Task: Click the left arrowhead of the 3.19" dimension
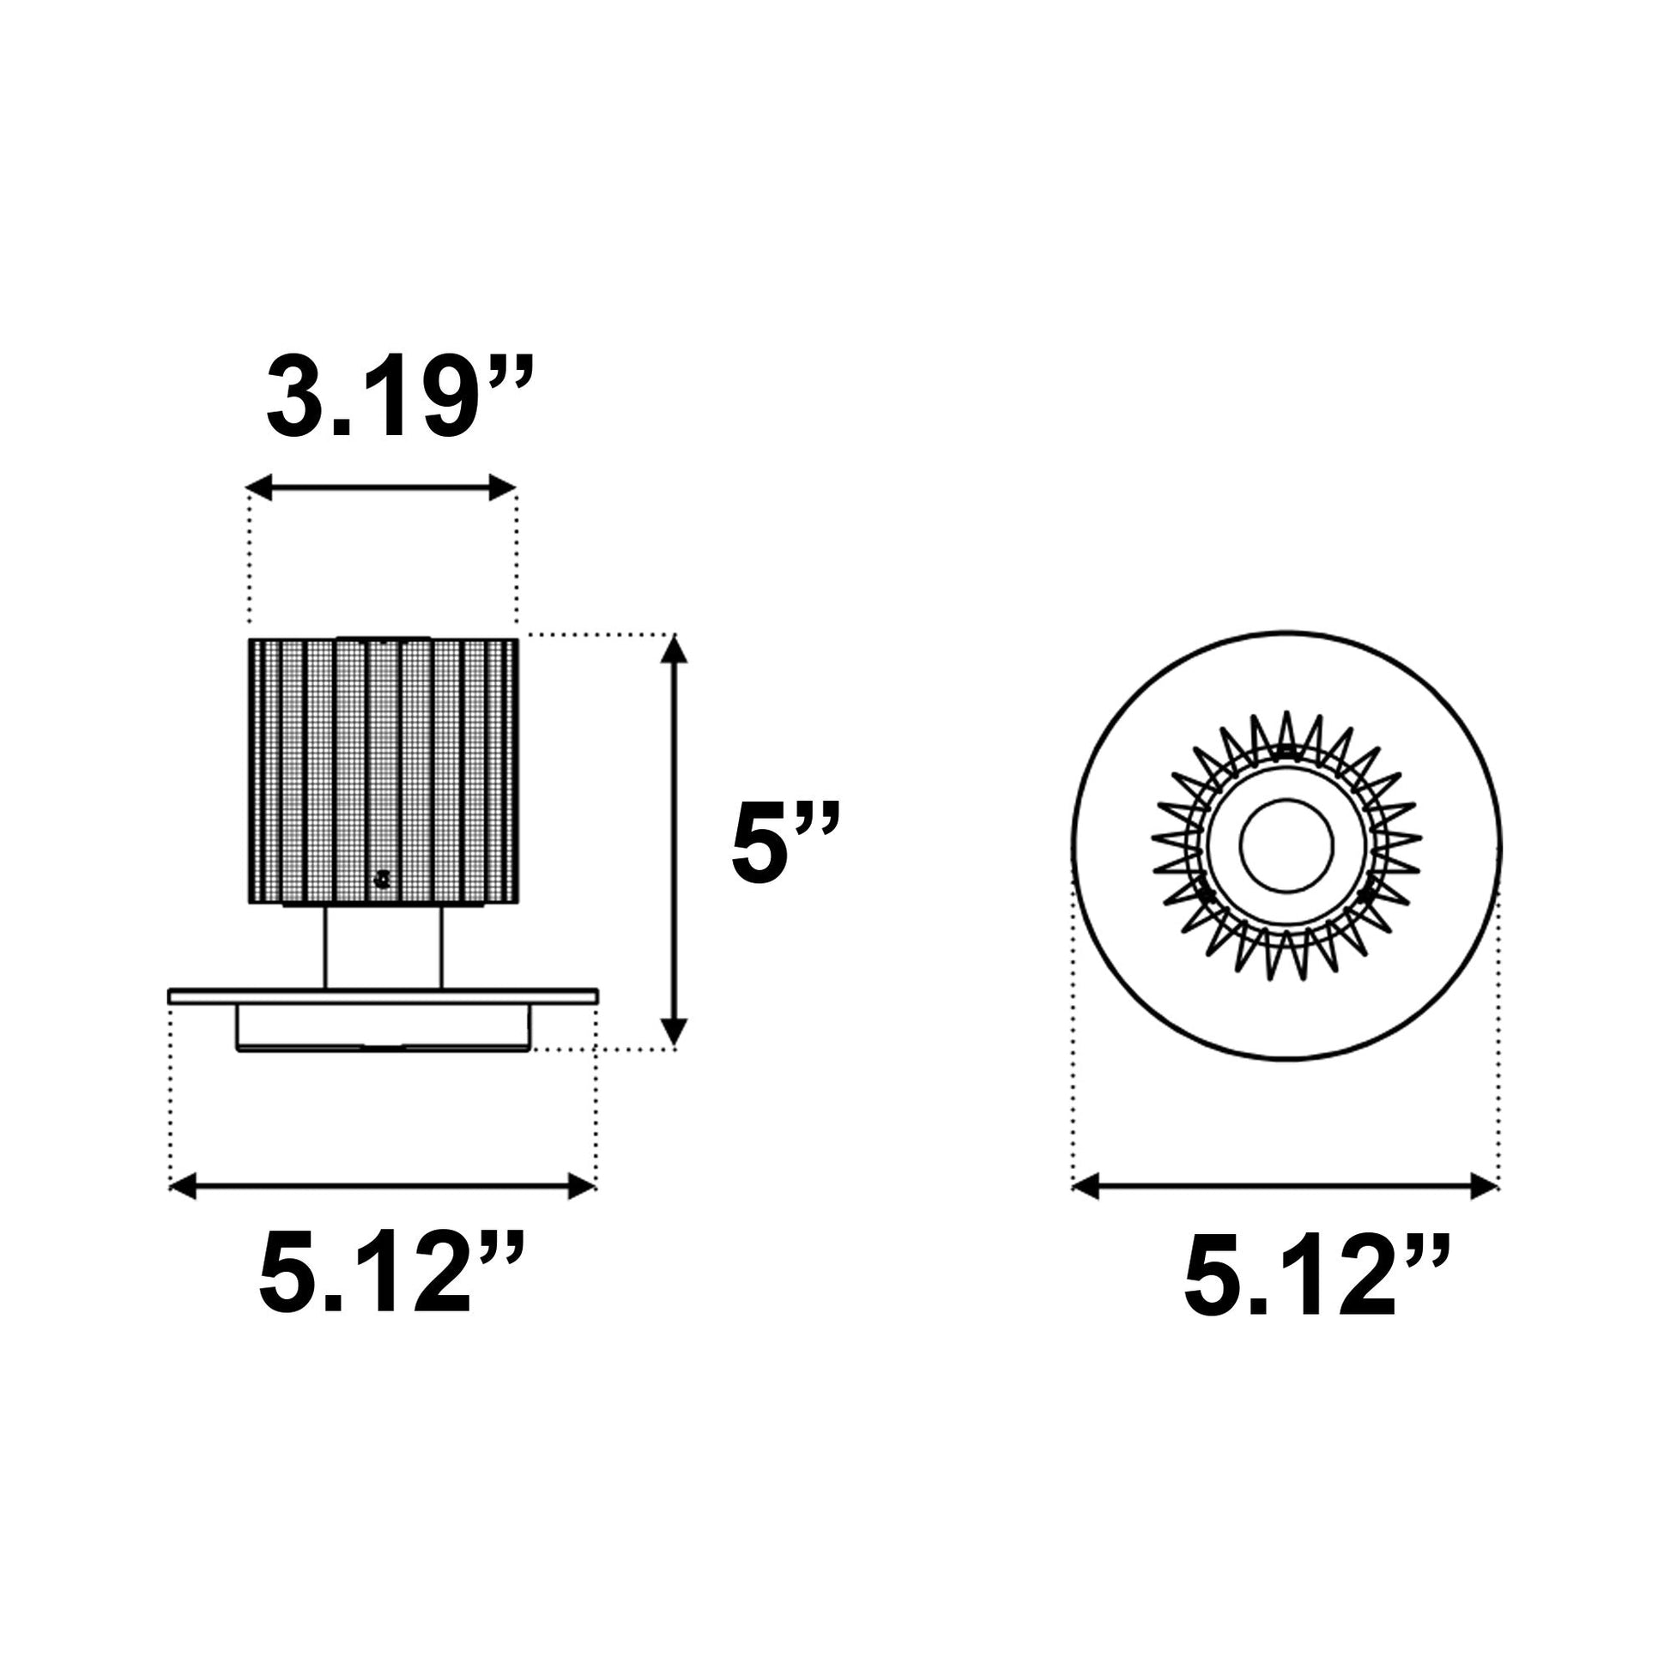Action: pyautogui.click(x=259, y=487)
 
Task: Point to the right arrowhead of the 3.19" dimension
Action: pyautogui.click(x=503, y=487)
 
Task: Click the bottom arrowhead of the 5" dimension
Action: pyautogui.click(x=674, y=1036)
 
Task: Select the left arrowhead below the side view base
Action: pyautogui.click(x=185, y=1187)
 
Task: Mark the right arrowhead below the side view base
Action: pyautogui.click(x=582, y=1187)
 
